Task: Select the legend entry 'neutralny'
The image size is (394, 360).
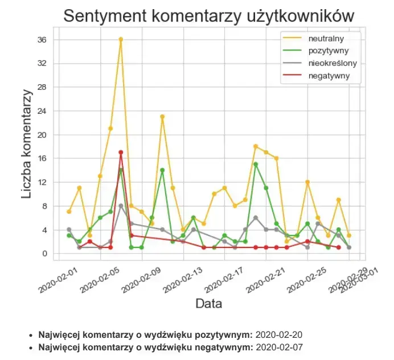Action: (326, 38)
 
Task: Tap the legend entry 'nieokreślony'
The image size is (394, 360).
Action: (333, 63)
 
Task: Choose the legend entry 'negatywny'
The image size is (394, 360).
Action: (329, 76)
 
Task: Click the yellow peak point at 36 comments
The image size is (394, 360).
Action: (121, 39)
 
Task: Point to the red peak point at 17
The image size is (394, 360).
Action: (121, 152)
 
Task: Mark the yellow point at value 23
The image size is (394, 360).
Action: (162, 117)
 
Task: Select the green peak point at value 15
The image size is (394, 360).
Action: (256, 164)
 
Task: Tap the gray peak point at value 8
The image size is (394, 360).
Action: (121, 206)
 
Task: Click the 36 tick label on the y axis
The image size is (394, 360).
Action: (42, 40)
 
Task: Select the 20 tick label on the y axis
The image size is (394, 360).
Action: (42, 135)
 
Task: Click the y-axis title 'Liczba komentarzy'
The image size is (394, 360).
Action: (27, 145)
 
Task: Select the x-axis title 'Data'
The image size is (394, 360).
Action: (208, 304)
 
